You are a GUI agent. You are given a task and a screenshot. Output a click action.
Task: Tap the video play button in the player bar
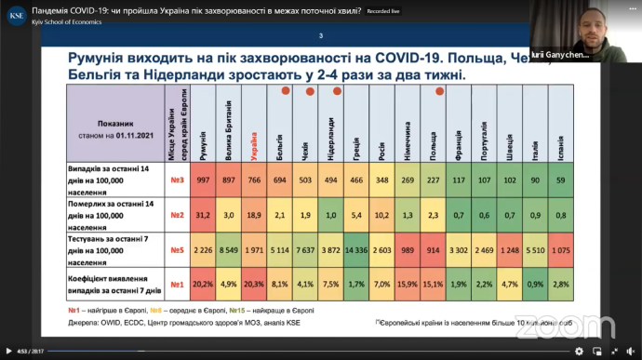8,352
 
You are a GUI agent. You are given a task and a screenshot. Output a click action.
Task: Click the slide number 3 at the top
321,36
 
